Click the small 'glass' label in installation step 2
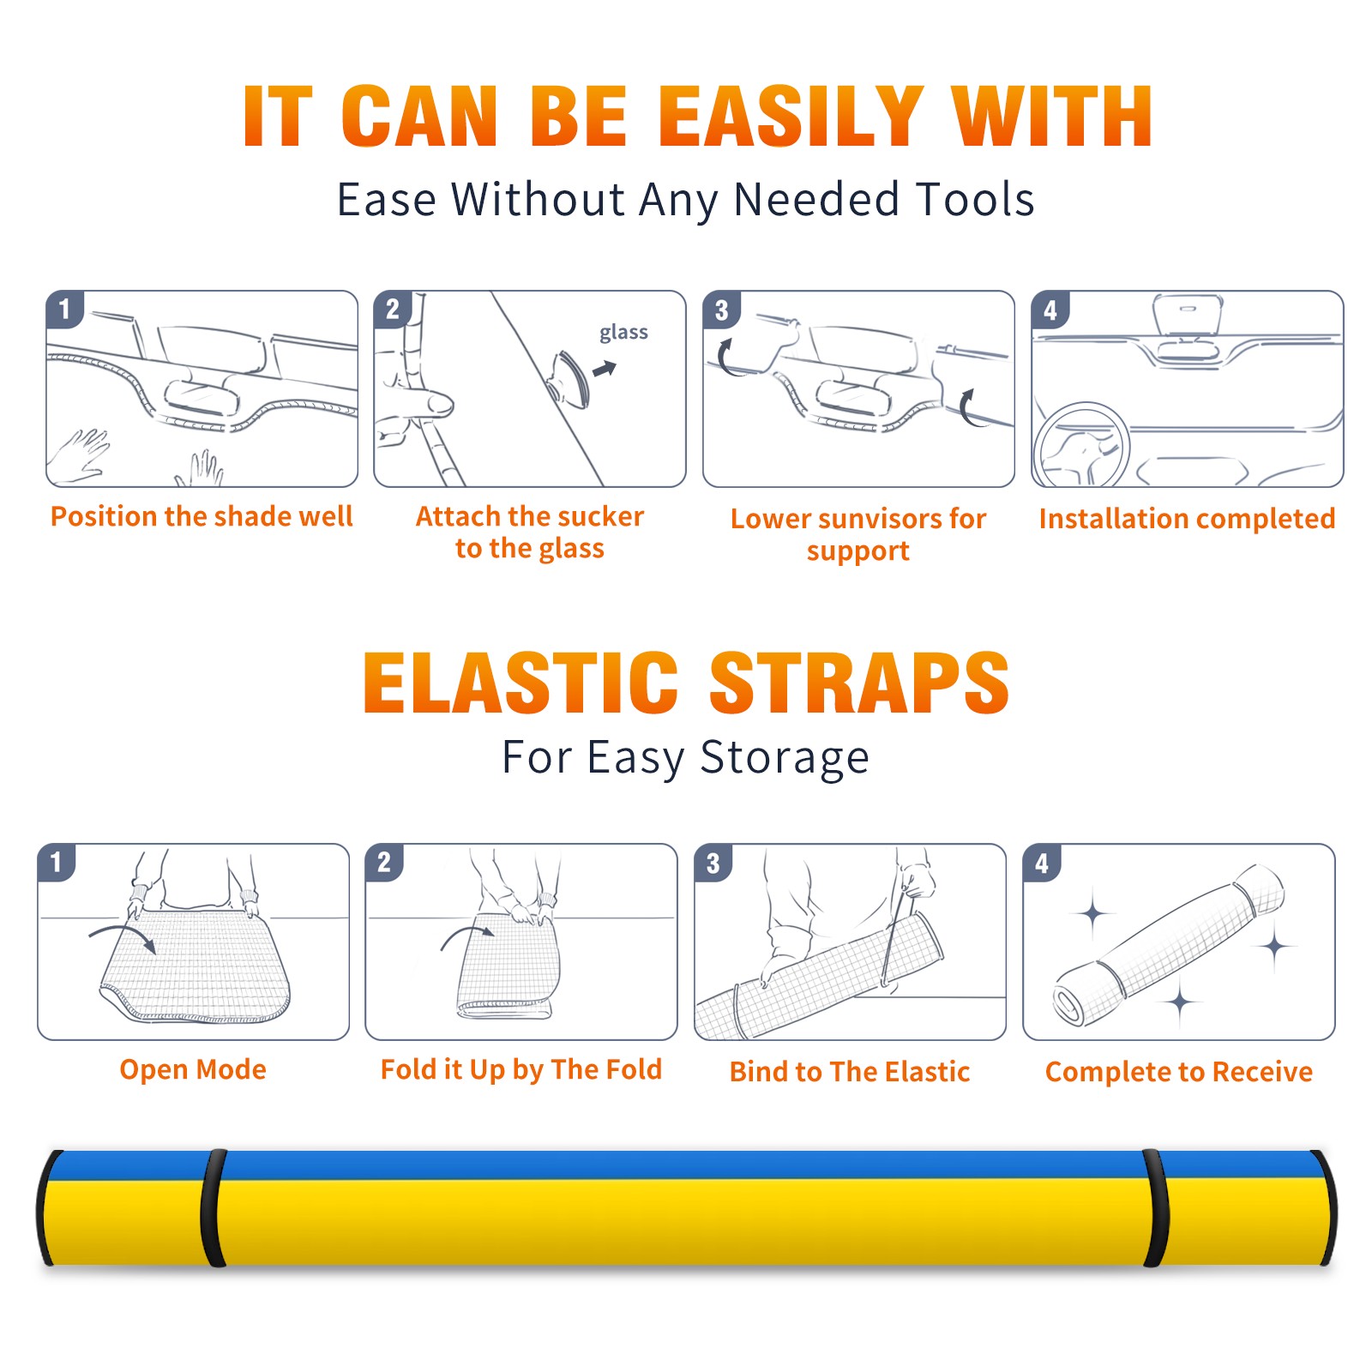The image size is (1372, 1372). tap(623, 333)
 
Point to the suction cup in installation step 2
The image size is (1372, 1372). tap(569, 378)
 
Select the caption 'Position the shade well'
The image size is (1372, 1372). tap(202, 516)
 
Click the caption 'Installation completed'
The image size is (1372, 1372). tap(1187, 519)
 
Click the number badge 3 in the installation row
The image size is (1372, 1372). tap(721, 310)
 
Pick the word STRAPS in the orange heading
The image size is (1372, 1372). tap(859, 683)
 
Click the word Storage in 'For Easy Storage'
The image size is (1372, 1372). tap(785, 758)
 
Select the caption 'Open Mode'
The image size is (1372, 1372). tap(193, 1069)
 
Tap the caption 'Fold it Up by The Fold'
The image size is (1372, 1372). tap(521, 1069)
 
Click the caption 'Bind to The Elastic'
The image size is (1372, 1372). tap(850, 1072)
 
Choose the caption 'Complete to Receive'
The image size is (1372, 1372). tap(1179, 1072)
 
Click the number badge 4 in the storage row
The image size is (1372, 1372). tap(1042, 863)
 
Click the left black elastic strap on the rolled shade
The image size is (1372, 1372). tap(214, 1208)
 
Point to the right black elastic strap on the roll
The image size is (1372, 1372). tap(1156, 1208)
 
